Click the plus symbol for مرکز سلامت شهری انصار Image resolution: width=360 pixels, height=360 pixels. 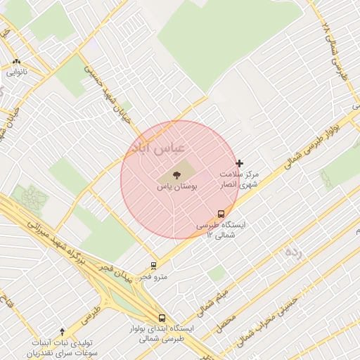coord(240,163)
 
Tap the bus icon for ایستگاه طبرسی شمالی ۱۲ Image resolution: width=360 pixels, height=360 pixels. coord(221,214)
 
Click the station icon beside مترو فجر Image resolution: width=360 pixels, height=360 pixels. coord(153,266)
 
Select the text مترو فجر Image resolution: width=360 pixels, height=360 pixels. coord(153,276)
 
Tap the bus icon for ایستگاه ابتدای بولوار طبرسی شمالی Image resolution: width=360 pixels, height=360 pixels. coord(162,318)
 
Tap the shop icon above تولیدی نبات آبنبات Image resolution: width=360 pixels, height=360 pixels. coord(63,331)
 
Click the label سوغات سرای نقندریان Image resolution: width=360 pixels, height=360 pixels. coord(63,351)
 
